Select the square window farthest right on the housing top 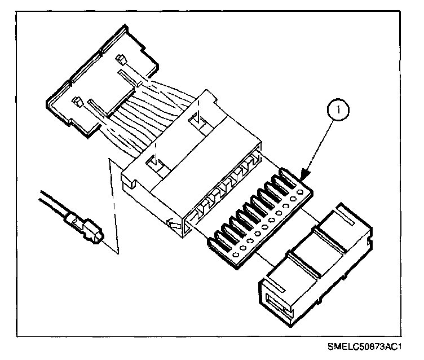(196, 120)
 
